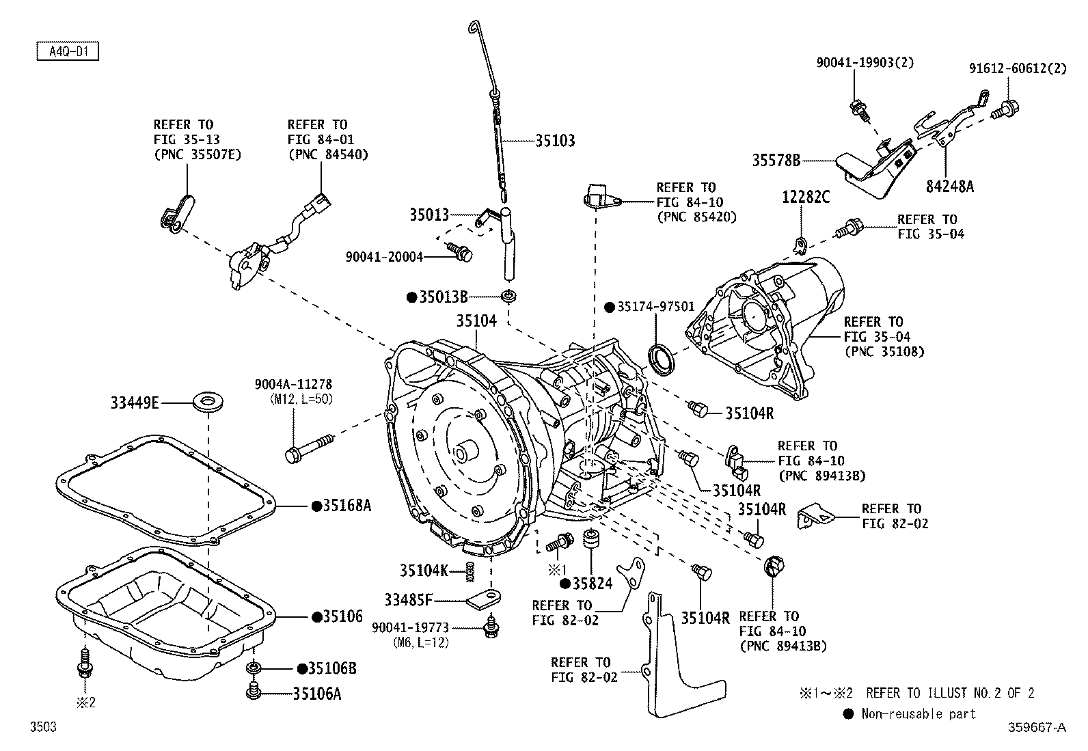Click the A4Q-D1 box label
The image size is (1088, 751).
point(68,51)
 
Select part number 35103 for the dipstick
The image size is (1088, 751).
point(555,141)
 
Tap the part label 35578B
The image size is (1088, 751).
point(776,161)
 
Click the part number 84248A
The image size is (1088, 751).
point(949,186)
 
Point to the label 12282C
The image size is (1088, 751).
point(806,197)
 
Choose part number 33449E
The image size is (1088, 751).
point(135,402)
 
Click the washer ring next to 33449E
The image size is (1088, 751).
point(208,402)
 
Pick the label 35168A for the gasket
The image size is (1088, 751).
point(347,506)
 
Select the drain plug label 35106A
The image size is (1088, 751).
point(317,694)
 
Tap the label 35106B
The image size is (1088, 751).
point(332,668)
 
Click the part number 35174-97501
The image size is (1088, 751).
point(655,307)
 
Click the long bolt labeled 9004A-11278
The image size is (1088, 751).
point(310,449)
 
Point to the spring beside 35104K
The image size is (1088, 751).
point(470,572)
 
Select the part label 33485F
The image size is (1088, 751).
point(408,601)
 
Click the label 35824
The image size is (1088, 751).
point(593,584)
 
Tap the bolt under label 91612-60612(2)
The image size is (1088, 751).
point(1005,109)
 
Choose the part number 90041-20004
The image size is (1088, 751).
point(384,256)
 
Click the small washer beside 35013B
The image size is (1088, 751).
point(508,296)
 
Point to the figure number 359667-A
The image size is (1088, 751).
point(1037,727)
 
